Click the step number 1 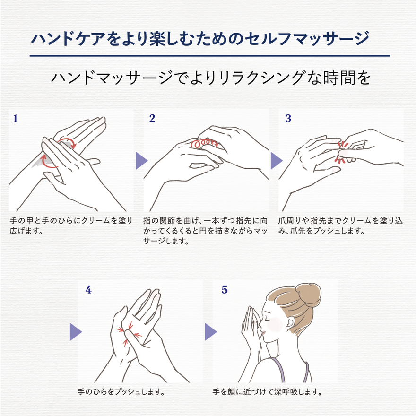15,119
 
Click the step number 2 152,119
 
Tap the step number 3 288,119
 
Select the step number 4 88,290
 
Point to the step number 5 225,290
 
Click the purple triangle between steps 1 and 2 141,161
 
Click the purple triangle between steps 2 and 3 276,161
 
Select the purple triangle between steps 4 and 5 210,331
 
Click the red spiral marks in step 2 204,142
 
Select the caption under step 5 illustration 268,392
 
